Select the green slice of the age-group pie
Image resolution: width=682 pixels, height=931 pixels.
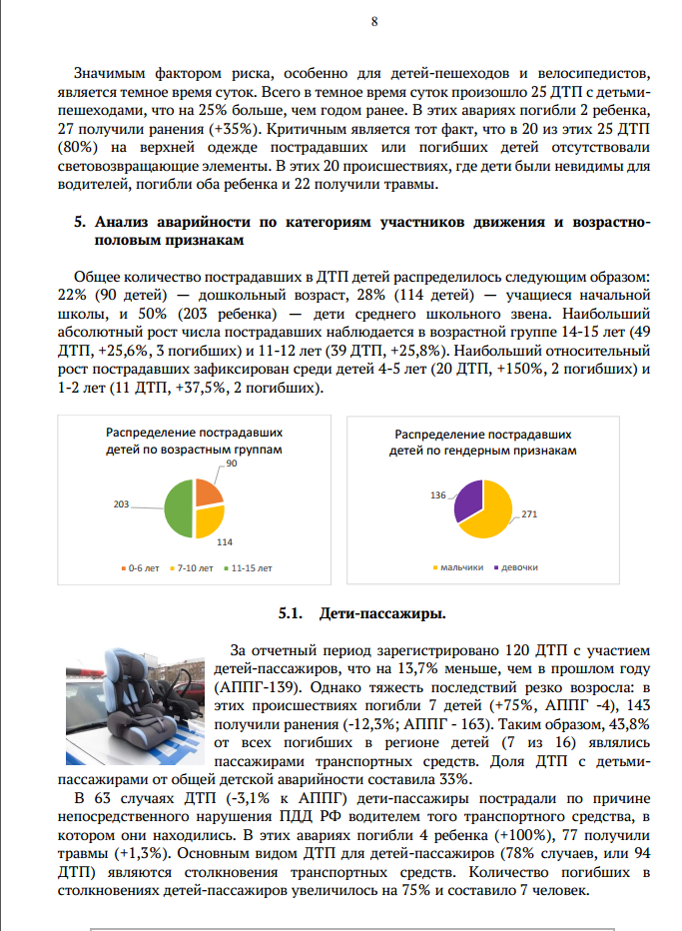coord(177,508)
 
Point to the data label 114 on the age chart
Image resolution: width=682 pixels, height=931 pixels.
coord(225,542)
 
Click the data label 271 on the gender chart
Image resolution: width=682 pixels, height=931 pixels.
coord(529,514)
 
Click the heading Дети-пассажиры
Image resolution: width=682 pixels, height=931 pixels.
coord(382,612)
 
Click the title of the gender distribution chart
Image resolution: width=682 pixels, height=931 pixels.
coord(483,444)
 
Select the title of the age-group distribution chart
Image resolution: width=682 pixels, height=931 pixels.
coord(194,443)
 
